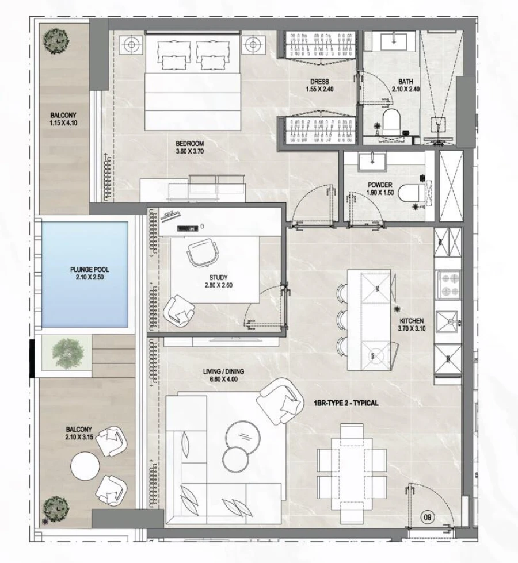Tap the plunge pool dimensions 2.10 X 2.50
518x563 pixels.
pyautogui.click(x=89, y=277)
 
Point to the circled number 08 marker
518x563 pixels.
pyautogui.click(x=428, y=517)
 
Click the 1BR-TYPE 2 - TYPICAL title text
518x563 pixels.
pyautogui.click(x=346, y=403)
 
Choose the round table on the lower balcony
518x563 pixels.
pyautogui.click(x=86, y=465)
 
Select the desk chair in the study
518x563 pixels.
pyautogui.click(x=201, y=251)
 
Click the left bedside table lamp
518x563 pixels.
pyautogui.click(x=132, y=43)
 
